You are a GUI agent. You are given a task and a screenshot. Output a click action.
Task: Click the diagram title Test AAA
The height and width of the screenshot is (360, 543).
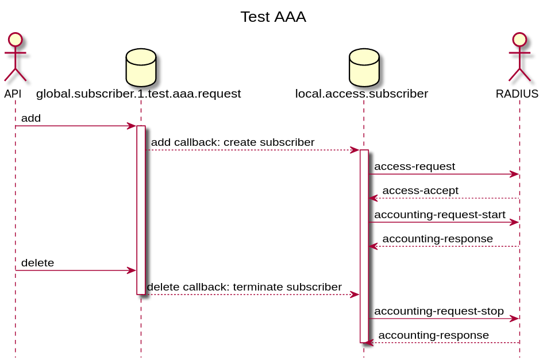point(273,17)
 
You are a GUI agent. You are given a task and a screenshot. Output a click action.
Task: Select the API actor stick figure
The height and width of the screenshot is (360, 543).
point(16,57)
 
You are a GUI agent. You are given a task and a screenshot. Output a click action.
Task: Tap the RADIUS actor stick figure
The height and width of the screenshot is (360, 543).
point(519,57)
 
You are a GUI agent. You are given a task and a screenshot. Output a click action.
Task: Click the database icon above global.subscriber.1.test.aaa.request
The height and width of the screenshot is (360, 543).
point(141,67)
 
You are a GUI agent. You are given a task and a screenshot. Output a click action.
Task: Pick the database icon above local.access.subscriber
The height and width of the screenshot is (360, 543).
point(364,67)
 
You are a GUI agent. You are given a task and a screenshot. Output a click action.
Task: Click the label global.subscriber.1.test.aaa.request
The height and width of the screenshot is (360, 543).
point(138,94)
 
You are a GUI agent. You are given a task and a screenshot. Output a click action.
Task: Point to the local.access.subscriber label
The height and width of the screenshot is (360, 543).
point(361,94)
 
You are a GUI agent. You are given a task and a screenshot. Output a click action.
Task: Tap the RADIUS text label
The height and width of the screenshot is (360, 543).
point(517,94)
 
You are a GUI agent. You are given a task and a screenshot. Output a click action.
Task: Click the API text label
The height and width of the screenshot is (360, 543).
point(13,94)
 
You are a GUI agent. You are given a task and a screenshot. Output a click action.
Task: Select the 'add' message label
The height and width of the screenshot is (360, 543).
point(31,118)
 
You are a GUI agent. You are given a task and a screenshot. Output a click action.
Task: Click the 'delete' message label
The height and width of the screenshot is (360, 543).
point(37,263)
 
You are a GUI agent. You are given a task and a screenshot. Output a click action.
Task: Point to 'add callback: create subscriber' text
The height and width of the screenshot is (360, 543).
point(233,142)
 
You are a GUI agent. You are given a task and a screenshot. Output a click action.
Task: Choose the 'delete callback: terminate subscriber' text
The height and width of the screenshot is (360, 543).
point(244,287)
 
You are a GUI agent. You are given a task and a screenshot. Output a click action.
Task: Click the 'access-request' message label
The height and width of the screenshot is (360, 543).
point(415,167)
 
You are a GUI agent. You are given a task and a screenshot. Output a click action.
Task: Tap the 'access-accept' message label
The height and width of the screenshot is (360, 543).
point(420,191)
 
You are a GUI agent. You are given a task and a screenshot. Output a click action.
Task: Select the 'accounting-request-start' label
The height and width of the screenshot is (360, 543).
point(440,215)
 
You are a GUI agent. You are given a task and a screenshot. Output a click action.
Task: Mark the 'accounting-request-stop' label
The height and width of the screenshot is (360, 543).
point(439,311)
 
